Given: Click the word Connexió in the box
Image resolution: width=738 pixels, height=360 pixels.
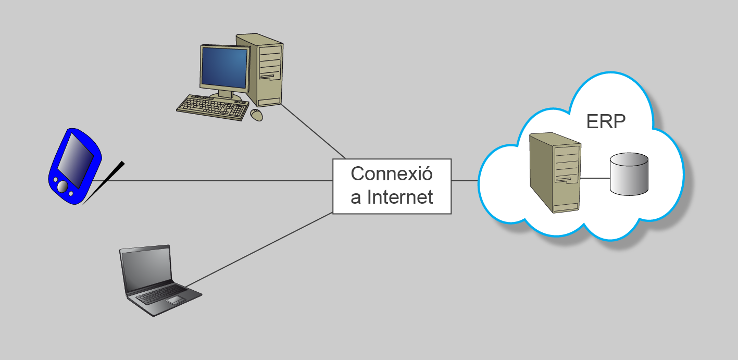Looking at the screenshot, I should point(392,173).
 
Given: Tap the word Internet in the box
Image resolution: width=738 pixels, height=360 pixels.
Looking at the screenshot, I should point(400,197).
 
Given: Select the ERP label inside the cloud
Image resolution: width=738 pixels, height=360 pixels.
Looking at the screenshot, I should point(606,122).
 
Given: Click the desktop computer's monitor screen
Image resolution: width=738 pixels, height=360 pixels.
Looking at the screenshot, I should point(224,68).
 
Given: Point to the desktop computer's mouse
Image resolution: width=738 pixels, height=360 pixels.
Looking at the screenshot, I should point(257,115).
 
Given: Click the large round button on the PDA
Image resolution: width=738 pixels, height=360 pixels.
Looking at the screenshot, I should point(62,186).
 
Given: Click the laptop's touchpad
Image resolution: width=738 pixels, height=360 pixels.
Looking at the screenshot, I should point(174,300).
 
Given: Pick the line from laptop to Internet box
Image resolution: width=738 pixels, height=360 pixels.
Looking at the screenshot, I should point(260,249).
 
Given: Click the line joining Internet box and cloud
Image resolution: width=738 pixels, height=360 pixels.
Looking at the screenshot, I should point(465,181).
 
